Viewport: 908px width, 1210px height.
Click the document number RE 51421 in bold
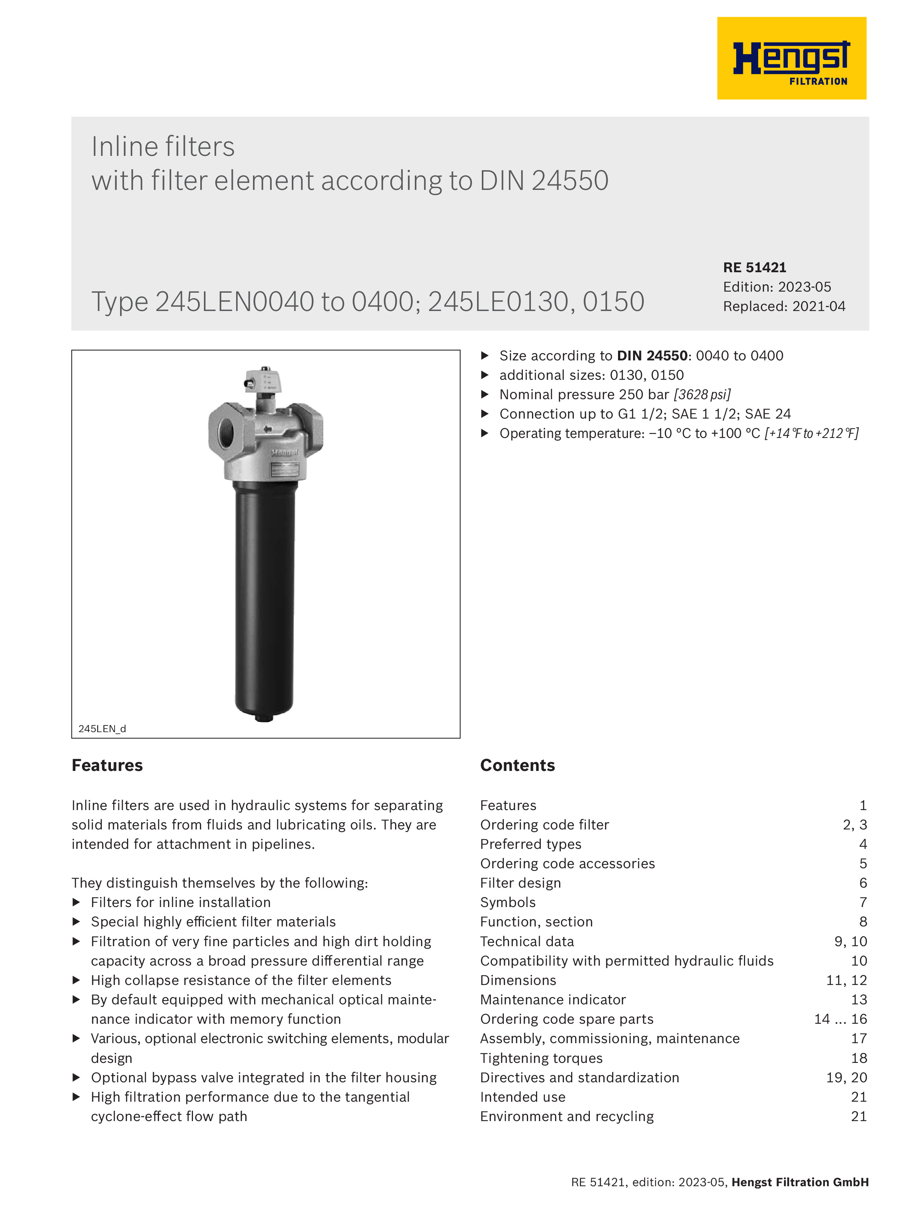pyautogui.click(x=754, y=267)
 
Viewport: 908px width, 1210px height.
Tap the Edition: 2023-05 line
pyautogui.click(x=777, y=287)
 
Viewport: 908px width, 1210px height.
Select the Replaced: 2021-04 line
pyautogui.click(x=784, y=306)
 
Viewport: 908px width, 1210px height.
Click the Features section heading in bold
pyautogui.click(x=107, y=765)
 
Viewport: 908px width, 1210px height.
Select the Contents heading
pyautogui.click(x=517, y=765)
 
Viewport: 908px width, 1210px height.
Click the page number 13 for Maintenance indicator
pyautogui.click(x=859, y=1000)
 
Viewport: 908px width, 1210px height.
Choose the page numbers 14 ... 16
pyautogui.click(x=840, y=1019)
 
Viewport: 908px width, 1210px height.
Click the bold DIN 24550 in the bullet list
pyautogui.click(x=652, y=356)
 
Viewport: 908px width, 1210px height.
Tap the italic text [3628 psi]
pyautogui.click(x=702, y=395)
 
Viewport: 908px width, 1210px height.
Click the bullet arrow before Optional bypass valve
pyautogui.click(x=77, y=1078)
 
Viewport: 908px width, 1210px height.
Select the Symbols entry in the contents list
pyautogui.click(x=507, y=903)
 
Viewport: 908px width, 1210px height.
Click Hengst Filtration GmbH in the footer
pyautogui.click(x=800, y=1182)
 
